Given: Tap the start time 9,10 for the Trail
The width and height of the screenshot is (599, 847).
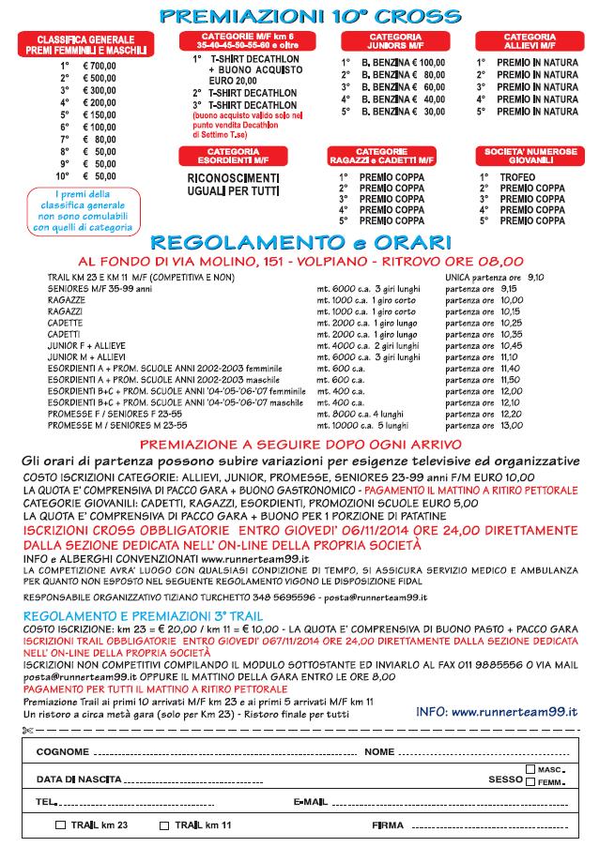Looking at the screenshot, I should coord(535,279).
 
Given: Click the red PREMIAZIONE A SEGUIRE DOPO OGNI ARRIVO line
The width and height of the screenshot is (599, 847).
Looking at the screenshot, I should coord(299,444).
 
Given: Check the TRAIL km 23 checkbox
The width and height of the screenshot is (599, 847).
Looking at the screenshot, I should coord(61,825).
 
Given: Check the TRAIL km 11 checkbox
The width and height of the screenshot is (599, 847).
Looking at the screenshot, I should coord(164,825).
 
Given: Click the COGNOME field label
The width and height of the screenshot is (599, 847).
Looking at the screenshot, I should coord(63,752).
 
